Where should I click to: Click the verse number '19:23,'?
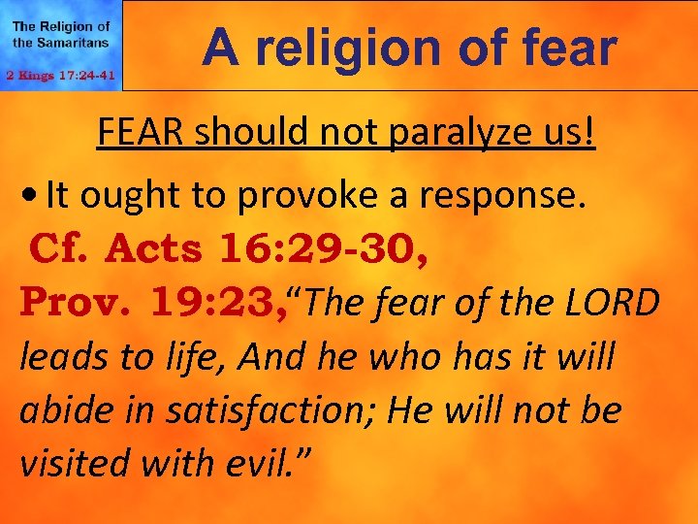(x=219, y=303)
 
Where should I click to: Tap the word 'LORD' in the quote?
(x=613, y=303)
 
